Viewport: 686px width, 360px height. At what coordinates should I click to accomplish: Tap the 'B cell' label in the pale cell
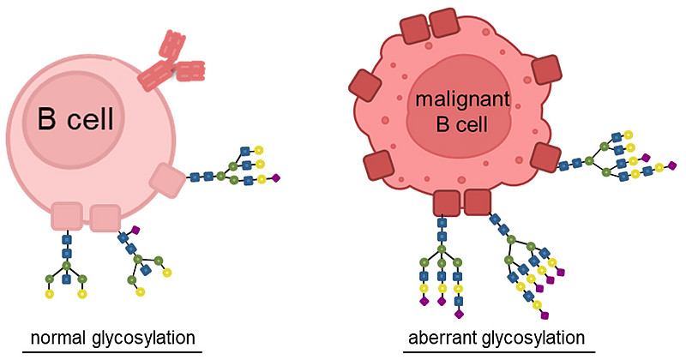pos(75,118)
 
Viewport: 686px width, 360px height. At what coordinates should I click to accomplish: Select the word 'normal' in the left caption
pos(57,337)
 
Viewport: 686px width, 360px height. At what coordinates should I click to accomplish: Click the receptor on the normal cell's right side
pos(166,180)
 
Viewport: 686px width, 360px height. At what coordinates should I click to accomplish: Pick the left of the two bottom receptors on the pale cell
pos(66,217)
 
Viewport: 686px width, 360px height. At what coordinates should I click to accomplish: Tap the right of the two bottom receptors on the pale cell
pos(105,218)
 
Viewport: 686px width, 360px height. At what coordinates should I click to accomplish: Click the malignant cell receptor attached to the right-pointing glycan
pos(545,158)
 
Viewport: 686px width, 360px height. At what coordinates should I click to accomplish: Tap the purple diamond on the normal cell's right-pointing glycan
pos(276,178)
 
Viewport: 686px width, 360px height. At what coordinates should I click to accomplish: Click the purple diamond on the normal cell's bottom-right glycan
pos(135,230)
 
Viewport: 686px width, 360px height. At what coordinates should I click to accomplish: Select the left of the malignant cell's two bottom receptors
pos(446,203)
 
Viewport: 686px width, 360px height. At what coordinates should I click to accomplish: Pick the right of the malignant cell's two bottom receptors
pos(477,202)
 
